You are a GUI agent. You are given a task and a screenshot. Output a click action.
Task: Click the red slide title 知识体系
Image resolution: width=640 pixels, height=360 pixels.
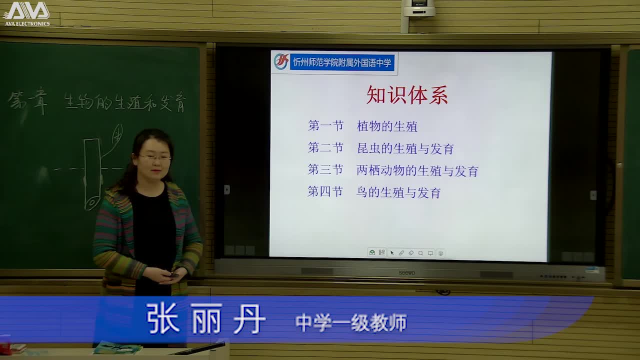point(407,95)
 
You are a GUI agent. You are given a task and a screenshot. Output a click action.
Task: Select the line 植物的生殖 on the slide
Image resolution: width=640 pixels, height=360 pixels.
point(387,126)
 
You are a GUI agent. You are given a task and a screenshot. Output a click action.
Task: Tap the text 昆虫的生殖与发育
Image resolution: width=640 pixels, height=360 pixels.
point(405,148)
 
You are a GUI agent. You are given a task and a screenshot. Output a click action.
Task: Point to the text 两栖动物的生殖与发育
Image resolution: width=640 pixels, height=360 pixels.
point(417,171)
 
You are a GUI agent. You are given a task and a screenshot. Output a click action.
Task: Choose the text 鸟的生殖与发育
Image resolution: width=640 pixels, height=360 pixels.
point(398,192)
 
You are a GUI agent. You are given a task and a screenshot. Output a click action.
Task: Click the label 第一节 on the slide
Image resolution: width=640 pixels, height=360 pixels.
point(325,126)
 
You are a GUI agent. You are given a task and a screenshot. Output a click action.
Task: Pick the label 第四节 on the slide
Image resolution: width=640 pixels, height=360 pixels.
point(325,192)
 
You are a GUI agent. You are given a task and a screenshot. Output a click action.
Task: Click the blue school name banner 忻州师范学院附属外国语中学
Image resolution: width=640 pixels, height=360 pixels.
point(342,63)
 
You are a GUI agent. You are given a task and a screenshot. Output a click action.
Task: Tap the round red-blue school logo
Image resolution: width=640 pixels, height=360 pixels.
point(281,62)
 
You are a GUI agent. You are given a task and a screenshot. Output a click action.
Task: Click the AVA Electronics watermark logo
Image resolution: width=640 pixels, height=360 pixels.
point(26,13)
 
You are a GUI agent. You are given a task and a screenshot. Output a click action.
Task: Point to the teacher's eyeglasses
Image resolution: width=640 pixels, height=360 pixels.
point(154,157)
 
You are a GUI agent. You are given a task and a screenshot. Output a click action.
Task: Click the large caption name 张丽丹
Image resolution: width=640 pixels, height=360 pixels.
point(205,318)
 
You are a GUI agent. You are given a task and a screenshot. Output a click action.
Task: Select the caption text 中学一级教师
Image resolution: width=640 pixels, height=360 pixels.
point(351,323)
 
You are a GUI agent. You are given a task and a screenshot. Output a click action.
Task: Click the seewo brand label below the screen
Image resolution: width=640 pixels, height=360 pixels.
point(406,272)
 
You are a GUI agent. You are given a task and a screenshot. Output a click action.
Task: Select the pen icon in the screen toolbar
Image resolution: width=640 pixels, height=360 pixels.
point(401,253)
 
